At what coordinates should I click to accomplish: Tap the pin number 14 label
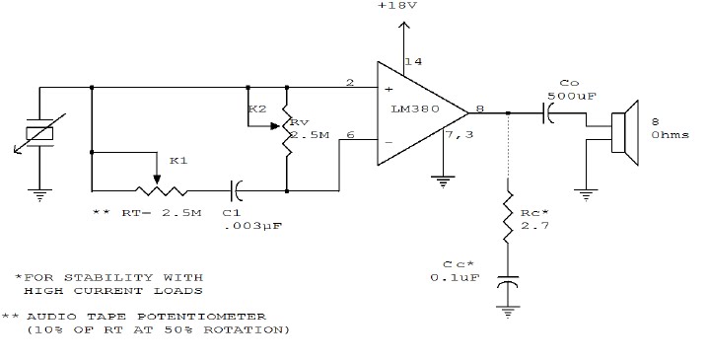pyautogui.click(x=413, y=61)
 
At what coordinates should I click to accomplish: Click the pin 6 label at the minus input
pyautogui.click(x=350, y=135)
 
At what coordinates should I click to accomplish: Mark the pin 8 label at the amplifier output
pyautogui.click(x=480, y=108)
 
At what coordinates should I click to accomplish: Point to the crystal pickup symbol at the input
pyautogui.click(x=38, y=135)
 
